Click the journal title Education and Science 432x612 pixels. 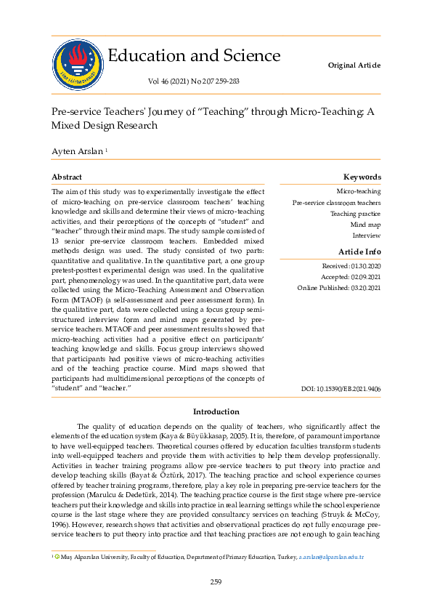194,56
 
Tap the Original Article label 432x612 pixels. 354,65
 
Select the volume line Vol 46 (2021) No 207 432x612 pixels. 194,81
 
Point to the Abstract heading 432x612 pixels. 67,177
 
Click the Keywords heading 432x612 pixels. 362,177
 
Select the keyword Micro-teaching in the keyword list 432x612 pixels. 359,191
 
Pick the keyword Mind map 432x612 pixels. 365,225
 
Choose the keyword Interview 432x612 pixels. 367,235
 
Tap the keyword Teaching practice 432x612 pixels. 355,214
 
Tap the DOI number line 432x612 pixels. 341,390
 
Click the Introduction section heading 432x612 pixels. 216,411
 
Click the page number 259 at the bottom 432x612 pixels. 216,581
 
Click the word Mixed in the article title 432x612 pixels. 67,125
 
